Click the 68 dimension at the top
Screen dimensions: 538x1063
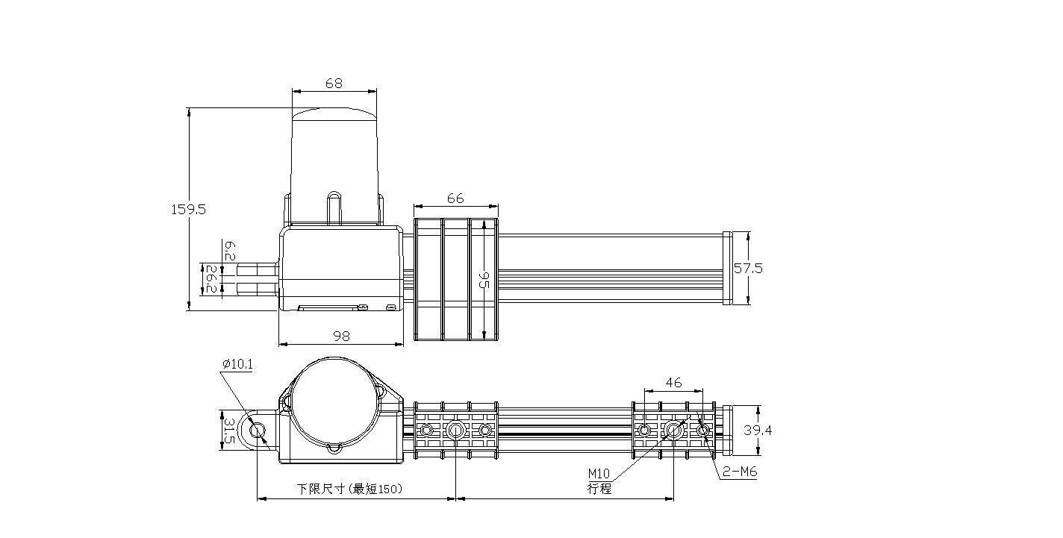pos(334,84)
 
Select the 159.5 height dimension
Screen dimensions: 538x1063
pos(188,210)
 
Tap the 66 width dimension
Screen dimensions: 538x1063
pos(455,198)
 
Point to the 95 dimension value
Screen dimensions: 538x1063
pos(483,281)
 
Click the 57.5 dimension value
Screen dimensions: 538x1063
pos(748,269)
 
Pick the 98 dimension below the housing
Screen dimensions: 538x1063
pos(341,337)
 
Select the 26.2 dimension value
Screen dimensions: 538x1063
pos(211,279)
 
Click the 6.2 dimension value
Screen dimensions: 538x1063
pos(230,251)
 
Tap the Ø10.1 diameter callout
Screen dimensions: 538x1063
pos(237,365)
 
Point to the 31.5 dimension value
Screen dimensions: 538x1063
pos(229,431)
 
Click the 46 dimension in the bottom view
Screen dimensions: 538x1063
pos(673,383)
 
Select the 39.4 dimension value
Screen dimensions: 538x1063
pos(757,430)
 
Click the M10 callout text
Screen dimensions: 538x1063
pos(599,474)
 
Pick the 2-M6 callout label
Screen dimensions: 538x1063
pos(740,472)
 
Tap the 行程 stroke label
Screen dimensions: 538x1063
pos(599,489)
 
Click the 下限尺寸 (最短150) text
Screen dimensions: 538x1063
pos(349,489)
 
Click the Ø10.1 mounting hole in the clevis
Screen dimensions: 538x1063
pos(257,431)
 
